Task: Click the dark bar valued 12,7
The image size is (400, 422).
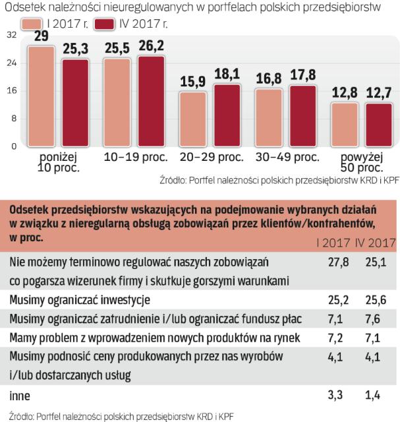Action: [379, 124]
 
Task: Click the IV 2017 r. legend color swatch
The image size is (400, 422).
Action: [104, 24]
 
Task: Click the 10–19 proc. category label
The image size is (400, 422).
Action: [136, 158]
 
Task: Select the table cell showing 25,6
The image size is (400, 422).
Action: [375, 300]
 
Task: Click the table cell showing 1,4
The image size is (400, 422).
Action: [375, 396]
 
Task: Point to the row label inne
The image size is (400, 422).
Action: [20, 396]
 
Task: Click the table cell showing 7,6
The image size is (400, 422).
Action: [375, 319]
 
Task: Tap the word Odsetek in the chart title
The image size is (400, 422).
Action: [26, 7]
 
